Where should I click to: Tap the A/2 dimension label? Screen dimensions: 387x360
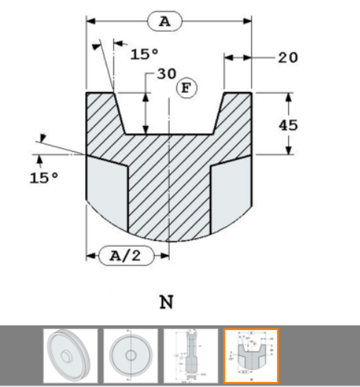click(121, 257)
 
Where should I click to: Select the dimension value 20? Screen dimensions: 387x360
click(288, 57)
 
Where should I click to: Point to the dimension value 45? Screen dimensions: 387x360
click(288, 125)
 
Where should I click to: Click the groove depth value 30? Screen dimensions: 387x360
click(167, 75)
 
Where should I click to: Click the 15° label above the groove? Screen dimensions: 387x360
click(144, 54)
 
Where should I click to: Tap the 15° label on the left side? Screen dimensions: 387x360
click(44, 178)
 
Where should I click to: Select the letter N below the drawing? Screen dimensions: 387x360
click(167, 302)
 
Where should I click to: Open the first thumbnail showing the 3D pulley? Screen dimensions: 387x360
click(70, 356)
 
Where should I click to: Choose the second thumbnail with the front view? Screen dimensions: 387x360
click(130, 356)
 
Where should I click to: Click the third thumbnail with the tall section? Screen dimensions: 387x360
click(190, 356)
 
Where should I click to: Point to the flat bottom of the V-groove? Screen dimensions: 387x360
click(170, 134)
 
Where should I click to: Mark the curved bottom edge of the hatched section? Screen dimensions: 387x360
click(170, 242)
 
